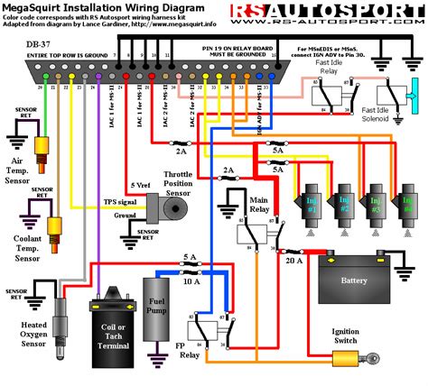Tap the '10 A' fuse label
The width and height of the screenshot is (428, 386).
(191, 282)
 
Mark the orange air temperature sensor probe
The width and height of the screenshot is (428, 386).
(41, 146)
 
